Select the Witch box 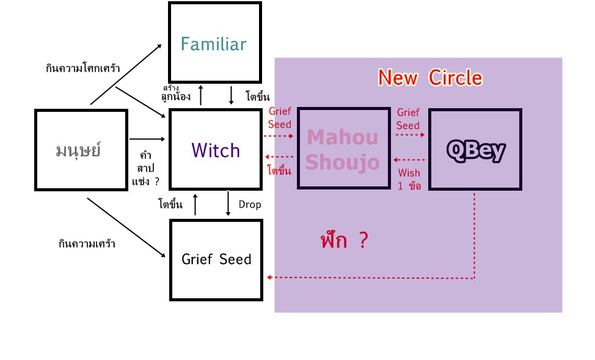pyautogui.click(x=216, y=150)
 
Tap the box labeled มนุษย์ pyautogui.click(x=81, y=150)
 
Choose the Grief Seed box pyautogui.click(x=216, y=259)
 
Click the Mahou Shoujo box pyautogui.click(x=343, y=149)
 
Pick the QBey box pyautogui.click(x=475, y=149)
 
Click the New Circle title pyautogui.click(x=429, y=78)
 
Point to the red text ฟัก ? pyautogui.click(x=344, y=240)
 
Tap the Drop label pyautogui.click(x=250, y=205)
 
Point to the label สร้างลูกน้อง pyautogui.click(x=175, y=94)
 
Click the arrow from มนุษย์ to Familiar pyautogui.click(x=126, y=74)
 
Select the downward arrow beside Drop pyautogui.click(x=228, y=204)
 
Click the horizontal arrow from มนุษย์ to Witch pyautogui.click(x=147, y=139)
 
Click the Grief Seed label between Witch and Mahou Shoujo pyautogui.click(x=280, y=118)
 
